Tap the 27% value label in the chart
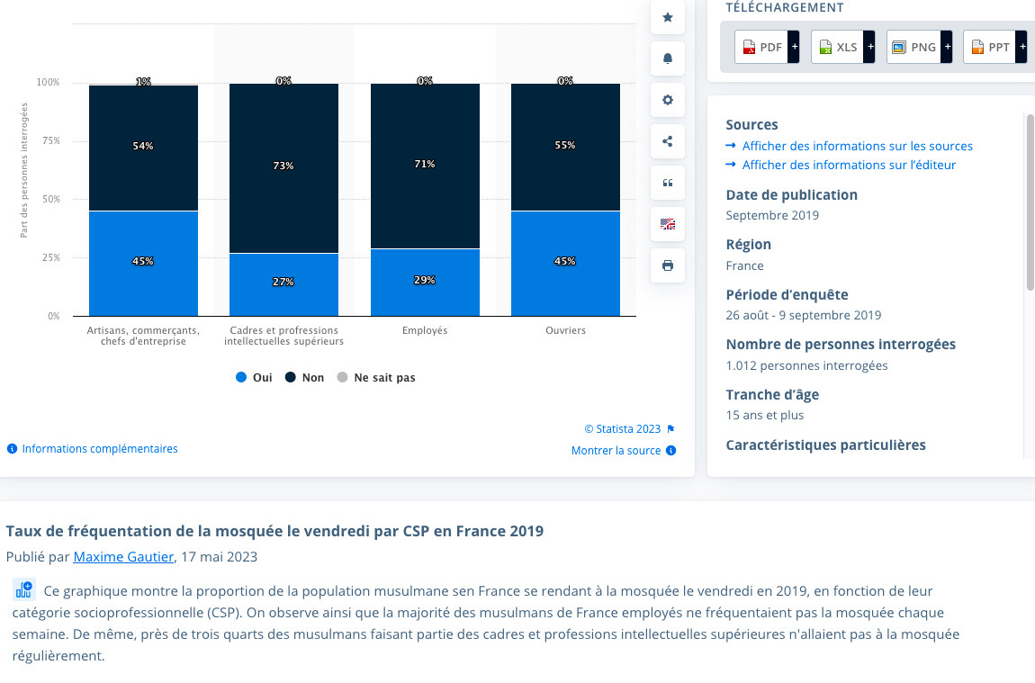tap(283, 282)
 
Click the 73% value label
tap(283, 166)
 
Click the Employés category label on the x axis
tap(425, 330)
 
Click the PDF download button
tap(761, 47)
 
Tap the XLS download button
tap(838, 47)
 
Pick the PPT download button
tap(989, 47)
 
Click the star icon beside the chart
tap(667, 17)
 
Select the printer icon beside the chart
tap(667, 265)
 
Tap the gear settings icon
tap(667, 100)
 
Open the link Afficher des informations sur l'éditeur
tap(849, 165)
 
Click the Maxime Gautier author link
tap(123, 557)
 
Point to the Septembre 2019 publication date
tap(772, 215)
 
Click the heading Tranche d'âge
tap(772, 394)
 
